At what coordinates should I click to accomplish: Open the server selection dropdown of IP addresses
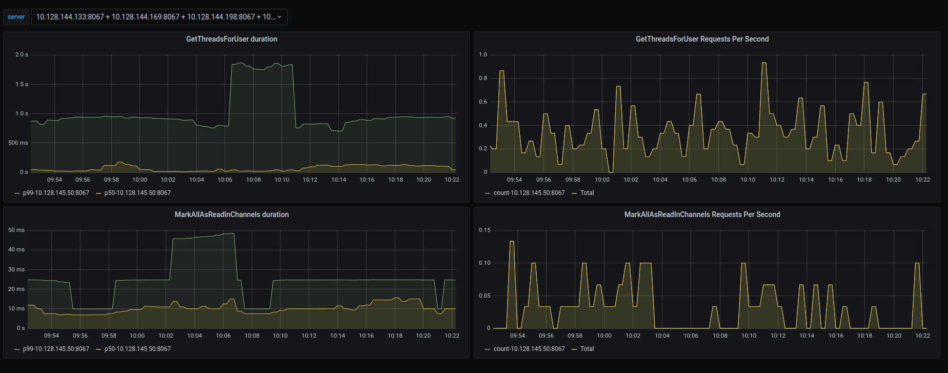pos(159,17)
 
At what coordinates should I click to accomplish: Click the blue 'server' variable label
pos(16,17)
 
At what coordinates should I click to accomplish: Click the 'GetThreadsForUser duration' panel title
pos(231,39)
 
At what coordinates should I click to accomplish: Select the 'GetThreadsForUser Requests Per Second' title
pos(702,39)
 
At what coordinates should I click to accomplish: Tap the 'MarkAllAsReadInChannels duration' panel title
pos(231,214)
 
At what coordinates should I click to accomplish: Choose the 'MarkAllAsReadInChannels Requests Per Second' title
pos(702,214)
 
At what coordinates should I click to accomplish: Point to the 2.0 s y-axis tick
pos(22,54)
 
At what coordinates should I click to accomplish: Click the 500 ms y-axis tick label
pos(18,143)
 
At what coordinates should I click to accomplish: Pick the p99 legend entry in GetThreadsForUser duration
pos(55,193)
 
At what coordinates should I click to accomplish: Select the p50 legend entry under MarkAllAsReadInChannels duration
pos(137,349)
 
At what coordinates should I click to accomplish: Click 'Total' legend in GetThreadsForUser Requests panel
pos(587,193)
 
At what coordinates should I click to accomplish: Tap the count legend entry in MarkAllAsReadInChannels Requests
pos(529,349)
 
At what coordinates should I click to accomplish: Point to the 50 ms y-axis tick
pos(16,230)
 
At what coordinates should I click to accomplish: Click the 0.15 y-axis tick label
pos(485,230)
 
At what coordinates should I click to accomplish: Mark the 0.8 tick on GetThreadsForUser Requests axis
pos(483,78)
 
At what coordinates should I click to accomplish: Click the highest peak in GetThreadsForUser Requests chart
pos(764,63)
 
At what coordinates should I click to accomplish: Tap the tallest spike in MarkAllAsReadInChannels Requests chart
pos(512,241)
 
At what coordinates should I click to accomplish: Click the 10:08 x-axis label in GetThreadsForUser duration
pos(253,180)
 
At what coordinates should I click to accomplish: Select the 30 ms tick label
pos(16,269)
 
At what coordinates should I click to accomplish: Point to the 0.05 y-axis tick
pos(485,296)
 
